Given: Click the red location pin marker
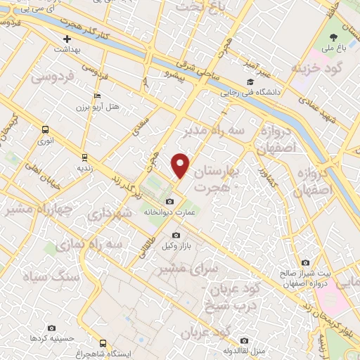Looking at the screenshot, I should click(181, 165).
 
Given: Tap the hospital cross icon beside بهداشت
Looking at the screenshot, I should click(67, 39).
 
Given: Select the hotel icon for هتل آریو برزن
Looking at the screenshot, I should click(97, 96).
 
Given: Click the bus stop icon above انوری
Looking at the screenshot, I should click(46, 129).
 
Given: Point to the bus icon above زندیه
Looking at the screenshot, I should click(85, 157).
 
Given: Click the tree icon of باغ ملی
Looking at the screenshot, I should click(333, 37).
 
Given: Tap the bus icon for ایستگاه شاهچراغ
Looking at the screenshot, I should click(104, 343).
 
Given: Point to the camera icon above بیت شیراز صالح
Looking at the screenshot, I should click(304, 263).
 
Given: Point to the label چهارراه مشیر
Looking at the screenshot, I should click(29, 209).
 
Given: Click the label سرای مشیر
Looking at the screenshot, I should click(180, 269).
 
